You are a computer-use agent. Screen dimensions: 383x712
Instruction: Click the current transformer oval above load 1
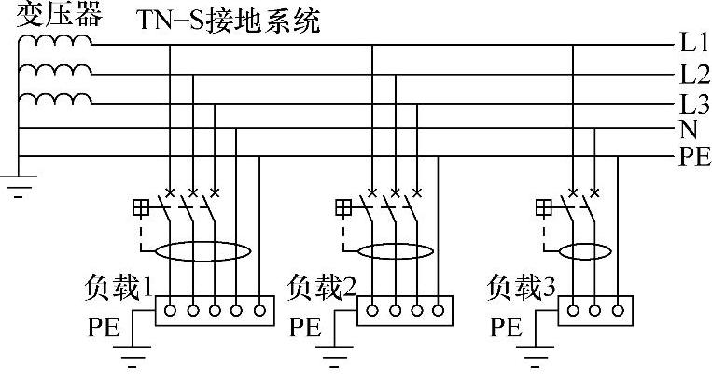pyautogui.click(x=203, y=252)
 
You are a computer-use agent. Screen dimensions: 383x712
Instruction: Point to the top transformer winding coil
pyautogui.click(x=56, y=41)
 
